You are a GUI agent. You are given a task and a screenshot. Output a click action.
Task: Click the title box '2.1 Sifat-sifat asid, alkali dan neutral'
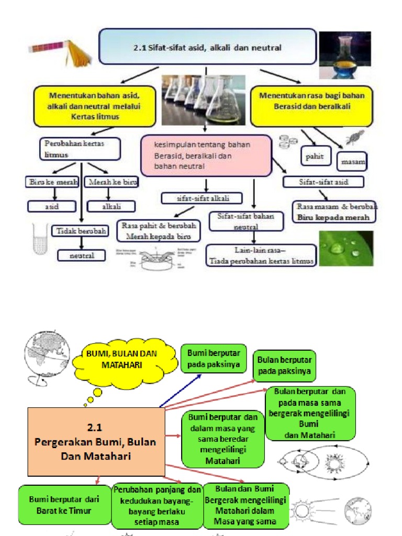pyautogui.click(x=207, y=47)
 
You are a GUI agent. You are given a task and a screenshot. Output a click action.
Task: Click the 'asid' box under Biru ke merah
pyautogui.click(x=52, y=206)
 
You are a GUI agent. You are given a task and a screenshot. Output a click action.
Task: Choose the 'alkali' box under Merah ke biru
pyautogui.click(x=111, y=206)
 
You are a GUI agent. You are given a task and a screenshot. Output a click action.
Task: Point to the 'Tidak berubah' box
pyautogui.click(x=80, y=231)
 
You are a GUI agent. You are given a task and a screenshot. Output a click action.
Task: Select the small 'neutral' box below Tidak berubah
pyautogui.click(x=82, y=255)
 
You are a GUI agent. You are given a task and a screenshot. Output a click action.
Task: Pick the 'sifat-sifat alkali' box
pyautogui.click(x=202, y=198)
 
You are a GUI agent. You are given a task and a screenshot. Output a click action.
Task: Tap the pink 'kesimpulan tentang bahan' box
pyautogui.click(x=206, y=155)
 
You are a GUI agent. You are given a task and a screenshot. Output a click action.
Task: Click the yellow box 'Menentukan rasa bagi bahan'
pyautogui.click(x=311, y=107)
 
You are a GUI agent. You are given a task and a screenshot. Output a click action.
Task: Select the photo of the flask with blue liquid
pyautogui.click(x=345, y=54)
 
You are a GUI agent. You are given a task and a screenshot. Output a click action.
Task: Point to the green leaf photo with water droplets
pyautogui.click(x=347, y=248)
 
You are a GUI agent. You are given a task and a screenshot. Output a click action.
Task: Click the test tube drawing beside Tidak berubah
pyautogui.click(x=40, y=239)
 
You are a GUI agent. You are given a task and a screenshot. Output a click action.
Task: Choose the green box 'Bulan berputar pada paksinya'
pyautogui.click(x=285, y=366)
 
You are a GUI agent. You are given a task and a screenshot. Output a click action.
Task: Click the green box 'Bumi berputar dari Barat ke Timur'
pyautogui.click(x=64, y=505)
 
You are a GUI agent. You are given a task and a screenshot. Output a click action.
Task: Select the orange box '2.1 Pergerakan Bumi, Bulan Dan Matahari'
pyautogui.click(x=95, y=441)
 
